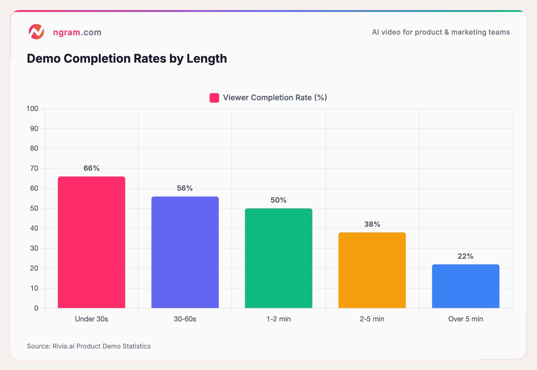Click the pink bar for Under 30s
(91, 242)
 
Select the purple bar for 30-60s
(185, 252)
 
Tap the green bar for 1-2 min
(278, 258)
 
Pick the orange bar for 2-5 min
(372, 270)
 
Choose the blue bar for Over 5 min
(465, 286)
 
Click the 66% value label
(91, 168)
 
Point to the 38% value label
(372, 224)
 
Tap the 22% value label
(465, 256)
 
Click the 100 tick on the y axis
(33, 109)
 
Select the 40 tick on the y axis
(34, 228)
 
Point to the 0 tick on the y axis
(36, 308)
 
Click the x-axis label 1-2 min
(278, 319)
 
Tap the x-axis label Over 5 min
(465, 319)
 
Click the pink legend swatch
(214, 98)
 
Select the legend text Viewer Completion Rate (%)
(275, 98)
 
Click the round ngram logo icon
(36, 32)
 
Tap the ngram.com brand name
(77, 32)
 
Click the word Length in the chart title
(207, 58)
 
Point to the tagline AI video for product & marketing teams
(441, 32)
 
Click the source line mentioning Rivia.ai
(89, 346)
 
